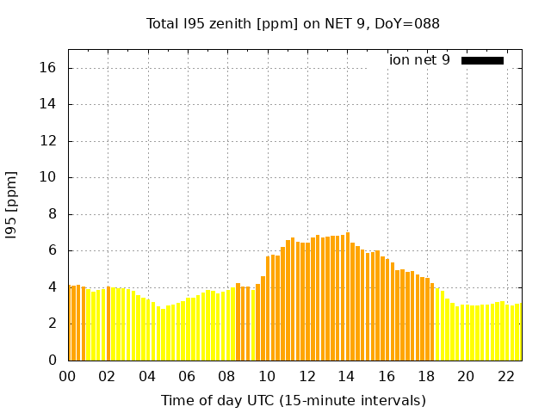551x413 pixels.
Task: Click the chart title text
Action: (293, 23)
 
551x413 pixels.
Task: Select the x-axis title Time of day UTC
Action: (293, 400)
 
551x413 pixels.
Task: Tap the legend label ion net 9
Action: (419, 60)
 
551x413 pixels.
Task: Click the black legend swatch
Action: (482, 60)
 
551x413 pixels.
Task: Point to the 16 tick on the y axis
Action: (50, 68)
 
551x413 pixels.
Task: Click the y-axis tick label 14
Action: (50, 104)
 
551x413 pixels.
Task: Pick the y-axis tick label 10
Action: (50, 177)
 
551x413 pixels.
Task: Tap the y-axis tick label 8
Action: (53, 214)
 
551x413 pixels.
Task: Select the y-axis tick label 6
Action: (53, 250)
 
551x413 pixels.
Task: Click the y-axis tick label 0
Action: (53, 360)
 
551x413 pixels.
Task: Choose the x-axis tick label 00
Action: (68, 376)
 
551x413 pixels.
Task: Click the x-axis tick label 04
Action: (147, 376)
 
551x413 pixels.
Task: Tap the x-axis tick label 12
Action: (306, 376)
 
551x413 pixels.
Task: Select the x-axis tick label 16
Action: (387, 376)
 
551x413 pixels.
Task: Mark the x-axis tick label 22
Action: (505, 376)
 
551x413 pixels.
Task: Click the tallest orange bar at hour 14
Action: (348, 297)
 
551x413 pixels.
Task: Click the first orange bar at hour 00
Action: (70, 323)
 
